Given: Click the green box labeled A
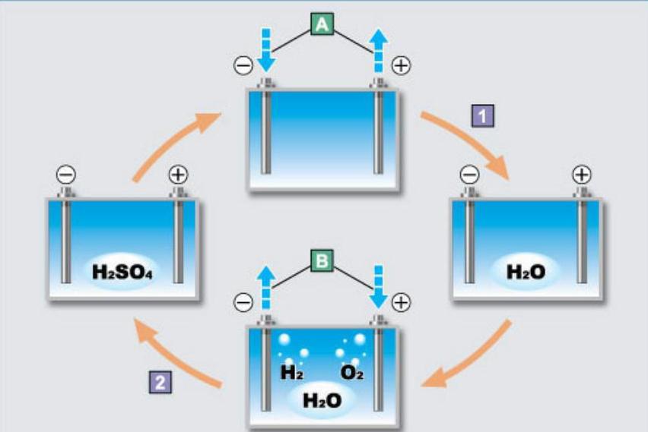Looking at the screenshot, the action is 322,25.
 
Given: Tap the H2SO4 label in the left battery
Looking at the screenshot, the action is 122,271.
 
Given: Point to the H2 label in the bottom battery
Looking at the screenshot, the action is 293,373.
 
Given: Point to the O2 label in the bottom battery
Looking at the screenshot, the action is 351,373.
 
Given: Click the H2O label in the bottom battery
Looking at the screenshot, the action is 322,399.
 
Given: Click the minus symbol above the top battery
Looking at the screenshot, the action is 243,65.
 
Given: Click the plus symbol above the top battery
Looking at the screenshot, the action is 401,65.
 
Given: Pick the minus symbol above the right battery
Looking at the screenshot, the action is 470,175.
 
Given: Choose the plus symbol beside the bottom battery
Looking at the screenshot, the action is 401,302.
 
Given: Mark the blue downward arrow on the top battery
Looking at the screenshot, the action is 265,54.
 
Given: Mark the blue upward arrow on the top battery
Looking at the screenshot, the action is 378,54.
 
